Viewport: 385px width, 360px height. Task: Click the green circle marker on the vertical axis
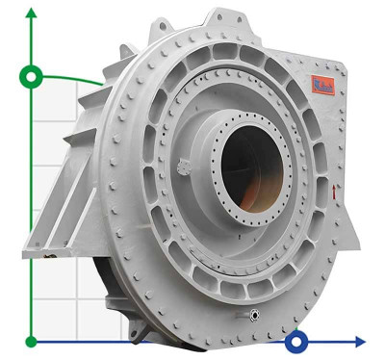pos(33,76)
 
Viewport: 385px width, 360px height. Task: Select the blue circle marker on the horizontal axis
pos(297,341)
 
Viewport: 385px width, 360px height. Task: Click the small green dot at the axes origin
pos(33,341)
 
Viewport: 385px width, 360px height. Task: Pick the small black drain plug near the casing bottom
pos(254,315)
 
